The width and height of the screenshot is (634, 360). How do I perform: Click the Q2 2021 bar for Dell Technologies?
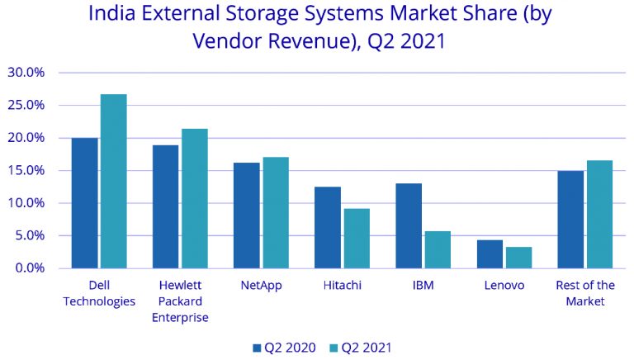tap(113, 182)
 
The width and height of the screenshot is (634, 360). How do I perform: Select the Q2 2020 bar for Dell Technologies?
tap(84, 203)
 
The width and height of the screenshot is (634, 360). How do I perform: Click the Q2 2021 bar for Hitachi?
tap(357, 239)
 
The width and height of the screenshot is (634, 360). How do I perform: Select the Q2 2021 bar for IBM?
tap(438, 249)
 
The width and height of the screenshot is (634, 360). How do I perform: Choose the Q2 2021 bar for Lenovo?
tap(518, 258)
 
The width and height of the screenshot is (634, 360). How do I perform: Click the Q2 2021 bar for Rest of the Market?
tap(600, 215)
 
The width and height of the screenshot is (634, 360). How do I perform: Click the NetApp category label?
tap(262, 286)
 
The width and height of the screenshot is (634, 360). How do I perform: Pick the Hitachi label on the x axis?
tap(342, 286)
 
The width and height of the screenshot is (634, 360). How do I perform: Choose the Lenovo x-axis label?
tap(504, 286)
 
